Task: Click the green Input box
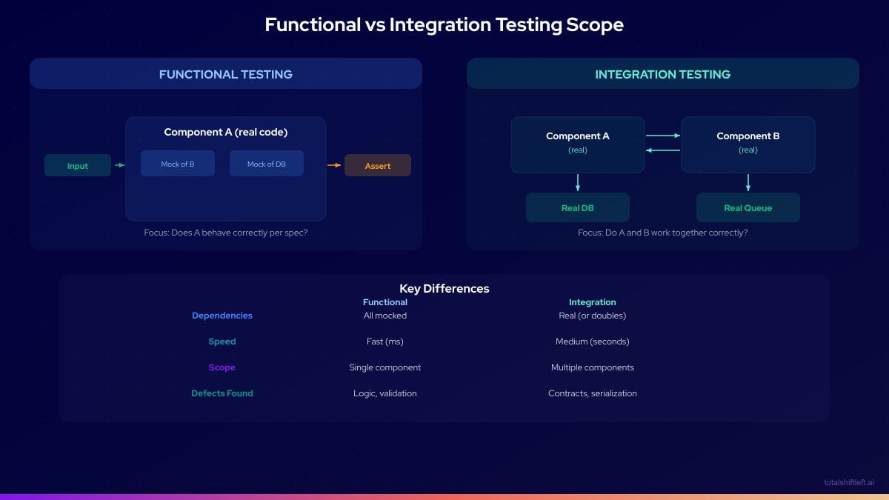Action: pyautogui.click(x=78, y=165)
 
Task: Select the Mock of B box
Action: pyautogui.click(x=178, y=164)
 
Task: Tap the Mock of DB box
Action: pyautogui.click(x=267, y=164)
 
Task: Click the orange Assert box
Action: pyautogui.click(x=378, y=165)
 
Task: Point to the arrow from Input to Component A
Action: pyautogui.click(x=119, y=165)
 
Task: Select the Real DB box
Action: pyautogui.click(x=578, y=207)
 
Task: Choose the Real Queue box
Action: pyautogui.click(x=748, y=207)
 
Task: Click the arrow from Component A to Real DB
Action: pyautogui.click(x=578, y=183)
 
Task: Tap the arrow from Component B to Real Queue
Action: pyautogui.click(x=748, y=183)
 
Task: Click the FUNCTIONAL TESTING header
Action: pyautogui.click(x=226, y=74)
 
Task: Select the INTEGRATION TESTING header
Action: pyautogui.click(x=663, y=74)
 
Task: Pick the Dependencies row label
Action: pyautogui.click(x=222, y=316)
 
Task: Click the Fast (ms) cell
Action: pyautogui.click(x=385, y=341)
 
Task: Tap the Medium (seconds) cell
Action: pyautogui.click(x=593, y=341)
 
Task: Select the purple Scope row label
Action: pyautogui.click(x=222, y=367)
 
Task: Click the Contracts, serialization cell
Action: pyautogui.click(x=593, y=393)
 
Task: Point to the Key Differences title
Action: pyautogui.click(x=444, y=288)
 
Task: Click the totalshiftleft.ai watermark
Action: pyautogui.click(x=849, y=482)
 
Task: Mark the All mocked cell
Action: pyautogui.click(x=385, y=316)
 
